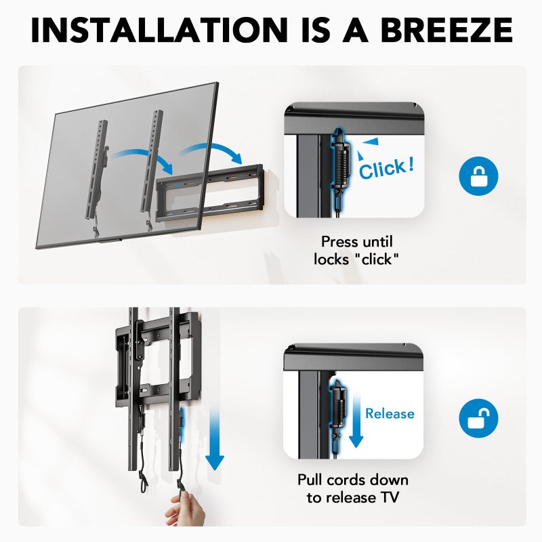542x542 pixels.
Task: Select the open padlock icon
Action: click(x=478, y=417)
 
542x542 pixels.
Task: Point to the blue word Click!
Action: click(x=386, y=168)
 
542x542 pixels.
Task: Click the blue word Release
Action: click(x=390, y=413)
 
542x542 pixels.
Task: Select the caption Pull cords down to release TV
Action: click(x=353, y=488)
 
